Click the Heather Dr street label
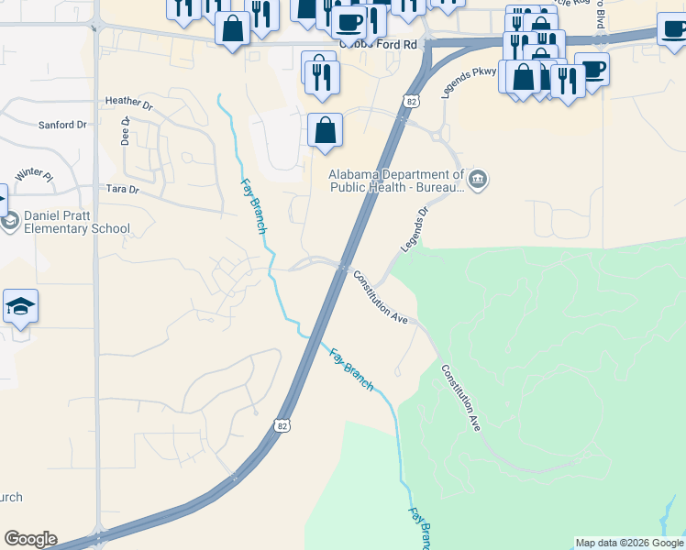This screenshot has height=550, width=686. coord(127,102)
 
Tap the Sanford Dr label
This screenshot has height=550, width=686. coord(61,125)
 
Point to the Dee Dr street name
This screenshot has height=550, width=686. coord(126,134)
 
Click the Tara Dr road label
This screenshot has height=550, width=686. coord(121,190)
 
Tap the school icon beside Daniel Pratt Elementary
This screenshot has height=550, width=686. coord(10,222)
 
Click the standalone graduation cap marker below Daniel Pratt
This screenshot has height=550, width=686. coord(20,307)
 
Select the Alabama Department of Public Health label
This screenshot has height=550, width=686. coord(396,181)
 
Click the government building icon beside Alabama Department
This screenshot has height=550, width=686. coord(477,179)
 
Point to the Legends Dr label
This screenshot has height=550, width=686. coord(415,229)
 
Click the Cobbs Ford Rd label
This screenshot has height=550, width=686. coord(371,44)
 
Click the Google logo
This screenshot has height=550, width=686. coord(30,539)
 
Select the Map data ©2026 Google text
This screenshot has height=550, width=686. coord(629,543)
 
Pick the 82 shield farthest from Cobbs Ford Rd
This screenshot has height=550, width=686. coord(282,425)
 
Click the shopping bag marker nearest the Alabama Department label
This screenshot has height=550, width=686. coord(325,131)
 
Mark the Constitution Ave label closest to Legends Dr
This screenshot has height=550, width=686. coord(381,298)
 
